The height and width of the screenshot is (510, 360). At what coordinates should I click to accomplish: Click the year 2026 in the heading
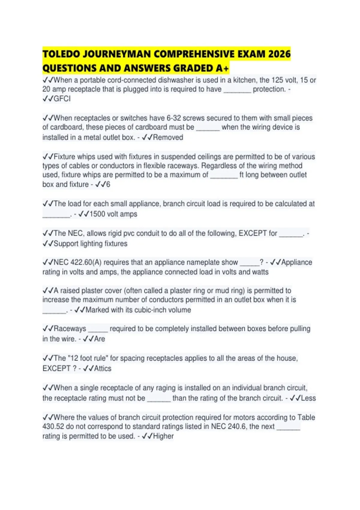click(279, 54)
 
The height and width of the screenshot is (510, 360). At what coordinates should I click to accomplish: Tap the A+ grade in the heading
click(222, 68)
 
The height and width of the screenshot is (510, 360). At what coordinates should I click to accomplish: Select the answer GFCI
click(62, 99)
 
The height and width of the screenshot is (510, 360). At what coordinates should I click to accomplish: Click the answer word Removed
click(168, 137)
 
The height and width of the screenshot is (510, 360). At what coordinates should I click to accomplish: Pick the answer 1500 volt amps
click(113, 214)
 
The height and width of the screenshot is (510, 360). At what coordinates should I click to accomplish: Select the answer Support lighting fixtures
click(90, 243)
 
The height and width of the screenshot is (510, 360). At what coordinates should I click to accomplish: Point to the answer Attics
click(103, 368)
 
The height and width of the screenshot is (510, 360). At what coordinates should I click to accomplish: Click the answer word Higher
click(163, 436)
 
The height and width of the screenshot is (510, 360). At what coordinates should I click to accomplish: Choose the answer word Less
click(308, 398)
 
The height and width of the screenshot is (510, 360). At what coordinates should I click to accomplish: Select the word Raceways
click(70, 328)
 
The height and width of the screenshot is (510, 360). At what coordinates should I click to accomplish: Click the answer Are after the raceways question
click(100, 339)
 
